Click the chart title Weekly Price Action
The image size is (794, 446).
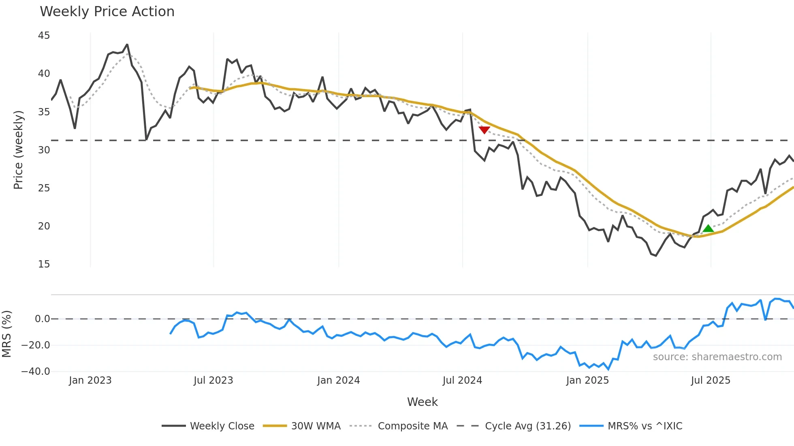107,12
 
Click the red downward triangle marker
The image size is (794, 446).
485,130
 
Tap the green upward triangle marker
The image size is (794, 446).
708,229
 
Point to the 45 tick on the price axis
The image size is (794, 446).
44,36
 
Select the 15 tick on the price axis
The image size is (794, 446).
44,264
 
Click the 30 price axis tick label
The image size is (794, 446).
44,150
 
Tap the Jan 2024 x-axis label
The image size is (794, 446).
338,380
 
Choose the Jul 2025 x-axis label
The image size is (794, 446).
711,380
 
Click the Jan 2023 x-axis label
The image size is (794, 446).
90,380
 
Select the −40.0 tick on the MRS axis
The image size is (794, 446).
36,372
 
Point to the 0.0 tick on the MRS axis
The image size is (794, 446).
42,319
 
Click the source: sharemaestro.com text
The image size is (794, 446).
717,357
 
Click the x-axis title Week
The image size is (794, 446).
422,402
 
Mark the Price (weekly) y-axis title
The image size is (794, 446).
18,150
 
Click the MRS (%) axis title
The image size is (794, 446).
6,334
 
